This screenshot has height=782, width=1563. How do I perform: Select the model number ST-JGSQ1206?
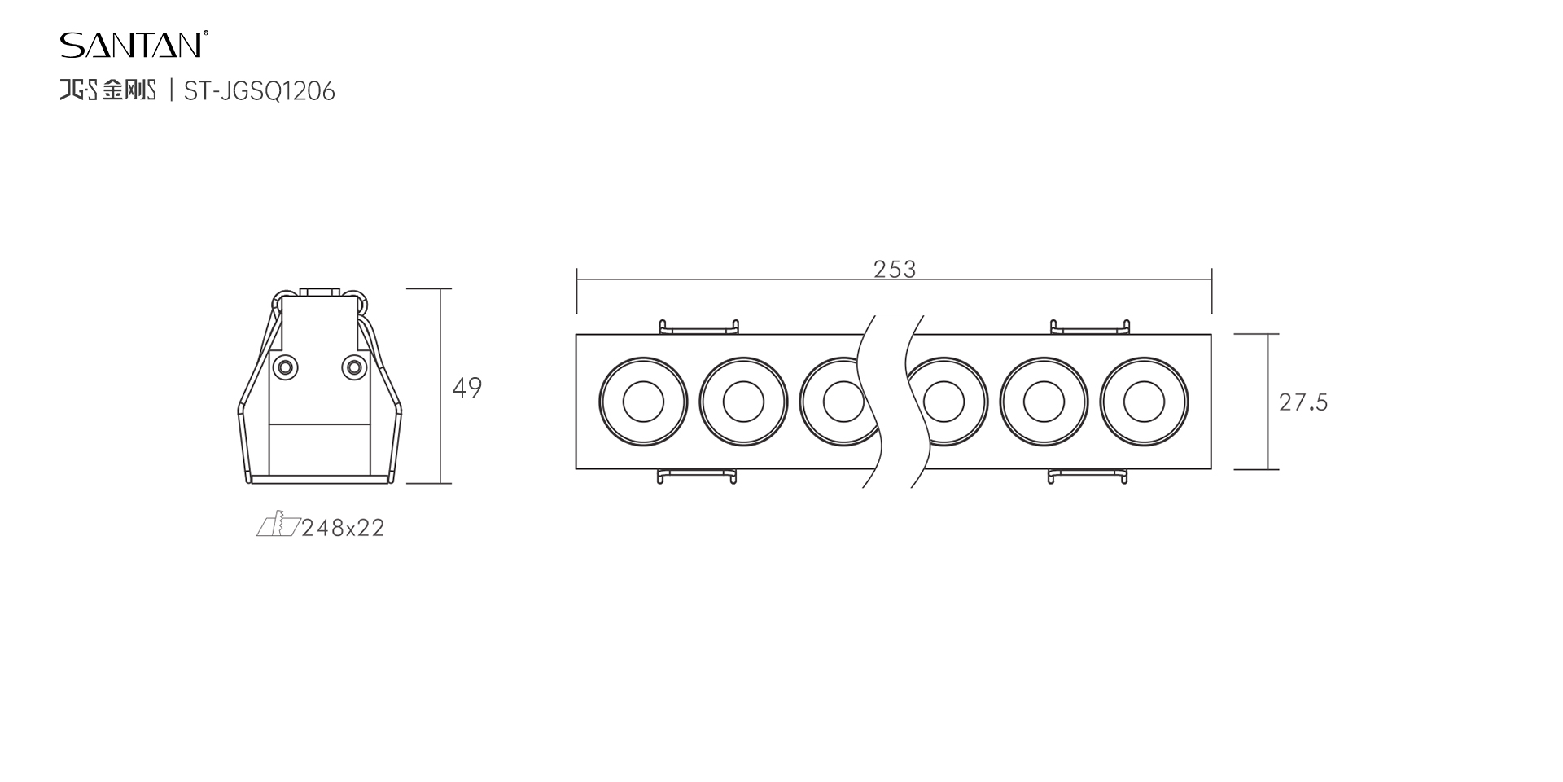pyautogui.click(x=260, y=91)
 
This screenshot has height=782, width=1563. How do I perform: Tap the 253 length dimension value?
pyautogui.click(x=895, y=270)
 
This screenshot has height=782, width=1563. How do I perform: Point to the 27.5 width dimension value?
pyautogui.click(x=1303, y=402)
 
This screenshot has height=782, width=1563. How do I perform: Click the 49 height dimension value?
pyautogui.click(x=467, y=388)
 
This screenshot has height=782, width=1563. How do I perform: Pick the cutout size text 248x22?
pyautogui.click(x=343, y=529)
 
